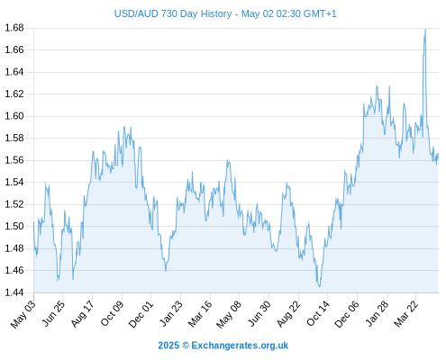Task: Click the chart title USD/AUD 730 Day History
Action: [x=173, y=13]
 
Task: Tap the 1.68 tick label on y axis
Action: [x=14, y=28]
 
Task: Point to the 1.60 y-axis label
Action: [x=14, y=116]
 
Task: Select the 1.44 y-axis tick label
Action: [x=14, y=292]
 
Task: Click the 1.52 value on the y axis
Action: [x=14, y=204]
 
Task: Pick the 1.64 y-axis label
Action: [x=14, y=72]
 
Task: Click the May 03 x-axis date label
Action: [x=23, y=314]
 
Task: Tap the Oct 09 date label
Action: [x=112, y=313]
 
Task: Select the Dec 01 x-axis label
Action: [x=141, y=314]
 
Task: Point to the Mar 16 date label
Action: [x=200, y=313]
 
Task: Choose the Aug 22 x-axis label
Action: [x=288, y=313]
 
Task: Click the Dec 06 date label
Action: [x=347, y=314]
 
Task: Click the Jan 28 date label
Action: [x=377, y=313]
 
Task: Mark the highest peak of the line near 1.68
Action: [x=425, y=29]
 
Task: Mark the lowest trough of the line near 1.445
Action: [x=319, y=286]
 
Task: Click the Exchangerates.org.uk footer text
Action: [x=240, y=346]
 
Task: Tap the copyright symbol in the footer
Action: [x=186, y=346]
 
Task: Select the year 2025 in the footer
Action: [x=168, y=346]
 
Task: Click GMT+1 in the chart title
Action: [x=320, y=13]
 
